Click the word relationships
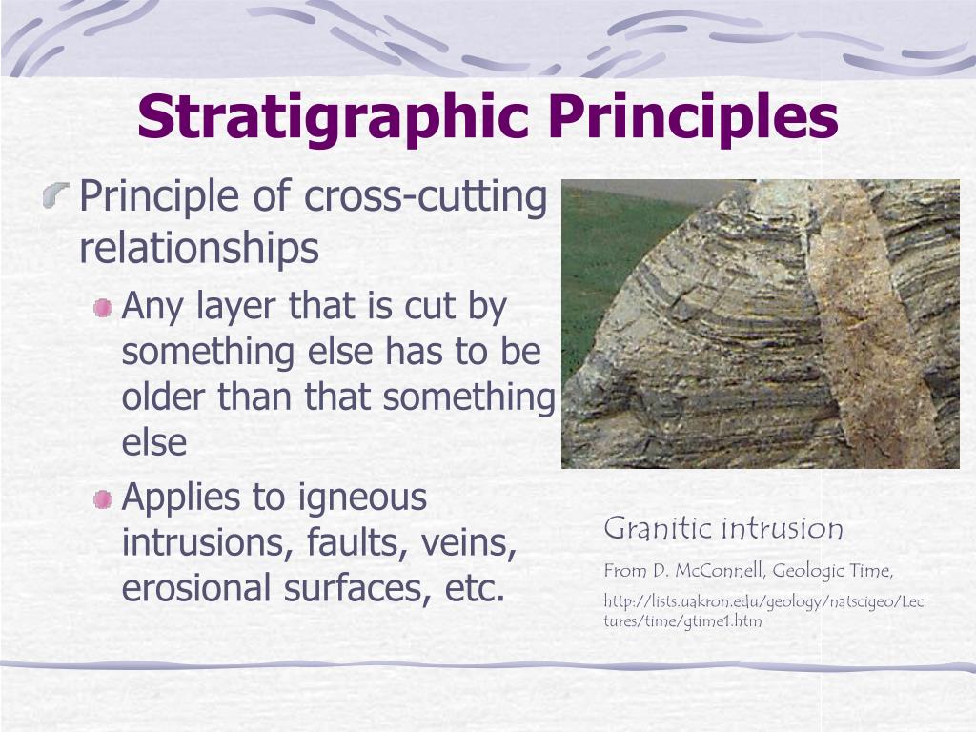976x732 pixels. (x=199, y=248)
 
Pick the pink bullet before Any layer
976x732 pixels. (x=103, y=309)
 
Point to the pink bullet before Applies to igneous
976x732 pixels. (x=103, y=498)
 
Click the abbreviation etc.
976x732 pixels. (x=474, y=589)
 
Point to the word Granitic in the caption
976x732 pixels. (x=659, y=528)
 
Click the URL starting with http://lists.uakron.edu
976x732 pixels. (x=763, y=602)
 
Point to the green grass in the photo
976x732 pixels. (x=610, y=257)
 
